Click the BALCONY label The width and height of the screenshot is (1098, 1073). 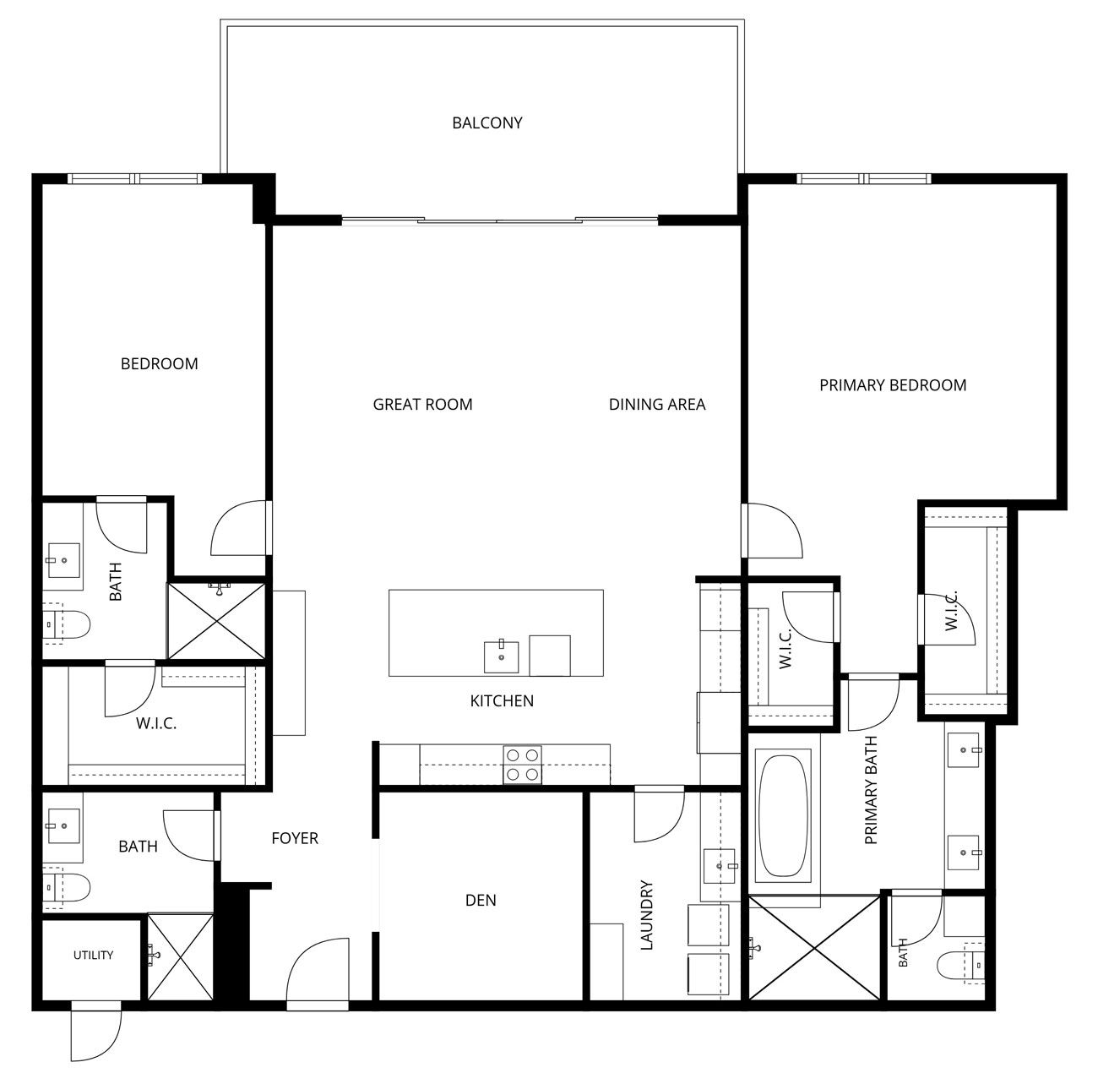(487, 123)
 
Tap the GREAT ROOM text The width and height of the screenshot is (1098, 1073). (422, 404)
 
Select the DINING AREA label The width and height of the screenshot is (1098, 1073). (657, 404)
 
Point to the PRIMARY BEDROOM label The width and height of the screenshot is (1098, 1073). (893, 385)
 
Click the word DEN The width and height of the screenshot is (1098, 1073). (481, 900)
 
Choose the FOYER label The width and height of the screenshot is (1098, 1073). (295, 838)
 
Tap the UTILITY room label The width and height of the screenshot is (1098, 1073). (93, 955)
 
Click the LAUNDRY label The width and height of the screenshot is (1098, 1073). (647, 915)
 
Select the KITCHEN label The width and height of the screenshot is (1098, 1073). (502, 700)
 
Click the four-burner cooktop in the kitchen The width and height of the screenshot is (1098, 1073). (523, 765)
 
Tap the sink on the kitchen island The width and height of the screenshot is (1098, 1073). (501, 657)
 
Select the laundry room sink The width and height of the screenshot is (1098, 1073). (720, 866)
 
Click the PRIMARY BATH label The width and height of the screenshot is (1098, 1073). (871, 790)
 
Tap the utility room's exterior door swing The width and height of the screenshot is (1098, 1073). (96, 1032)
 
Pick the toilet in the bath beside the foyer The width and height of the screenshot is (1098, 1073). (66, 891)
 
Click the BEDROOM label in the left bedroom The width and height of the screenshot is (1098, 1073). (159, 363)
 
